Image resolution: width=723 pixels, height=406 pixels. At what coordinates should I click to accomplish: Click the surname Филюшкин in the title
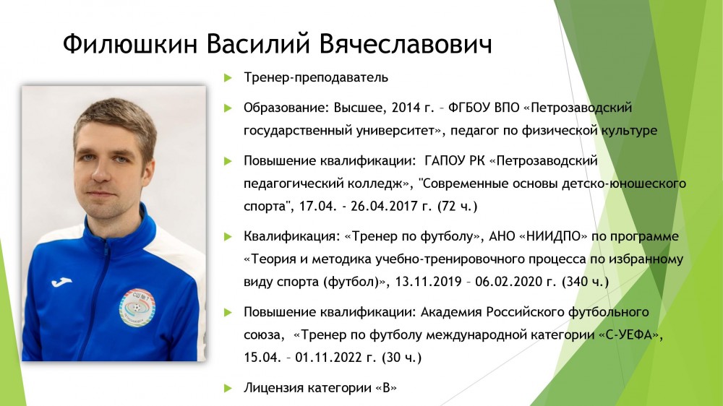(x=130, y=44)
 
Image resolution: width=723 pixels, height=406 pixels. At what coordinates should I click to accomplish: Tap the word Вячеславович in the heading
(x=406, y=44)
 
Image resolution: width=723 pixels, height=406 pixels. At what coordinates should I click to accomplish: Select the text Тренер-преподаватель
(x=316, y=77)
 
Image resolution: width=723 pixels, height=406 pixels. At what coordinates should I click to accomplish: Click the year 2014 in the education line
(x=404, y=108)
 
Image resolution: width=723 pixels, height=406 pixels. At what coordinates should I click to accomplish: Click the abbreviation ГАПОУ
(x=442, y=161)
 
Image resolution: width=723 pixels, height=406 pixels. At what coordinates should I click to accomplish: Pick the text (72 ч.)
(x=457, y=206)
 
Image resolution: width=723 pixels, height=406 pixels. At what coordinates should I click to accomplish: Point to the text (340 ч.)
(x=585, y=282)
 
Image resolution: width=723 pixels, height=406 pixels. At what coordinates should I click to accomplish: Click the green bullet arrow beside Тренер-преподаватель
(x=228, y=78)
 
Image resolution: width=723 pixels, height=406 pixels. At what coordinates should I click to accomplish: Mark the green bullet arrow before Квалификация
(x=228, y=237)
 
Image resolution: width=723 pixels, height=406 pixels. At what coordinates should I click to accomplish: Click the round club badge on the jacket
(x=137, y=307)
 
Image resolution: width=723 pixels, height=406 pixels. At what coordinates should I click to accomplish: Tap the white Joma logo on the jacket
(x=61, y=281)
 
